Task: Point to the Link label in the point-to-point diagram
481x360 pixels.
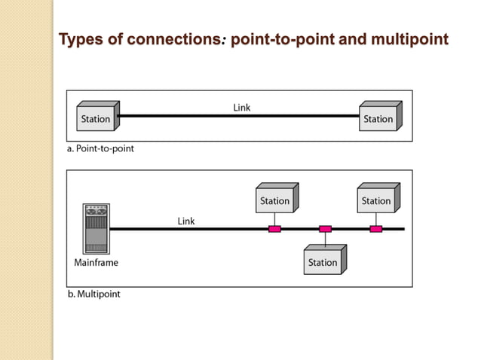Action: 242,108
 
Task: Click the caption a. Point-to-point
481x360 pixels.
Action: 100,149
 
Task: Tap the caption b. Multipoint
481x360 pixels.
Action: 93,294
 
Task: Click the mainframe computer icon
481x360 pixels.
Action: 96,229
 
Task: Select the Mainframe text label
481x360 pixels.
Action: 96,263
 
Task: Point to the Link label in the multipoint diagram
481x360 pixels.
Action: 186,221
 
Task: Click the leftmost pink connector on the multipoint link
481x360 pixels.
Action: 274,228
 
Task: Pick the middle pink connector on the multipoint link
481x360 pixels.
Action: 325,228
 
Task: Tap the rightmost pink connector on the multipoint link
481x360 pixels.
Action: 375,228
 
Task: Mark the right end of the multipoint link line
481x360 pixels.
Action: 403,228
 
